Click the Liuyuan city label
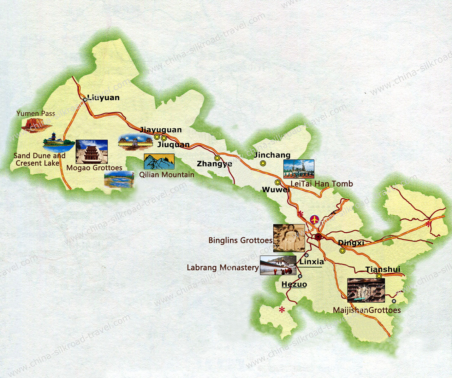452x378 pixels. (x=103, y=98)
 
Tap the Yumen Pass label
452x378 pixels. (x=36, y=114)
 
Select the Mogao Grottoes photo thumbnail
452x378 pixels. (x=91, y=151)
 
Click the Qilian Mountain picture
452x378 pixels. (x=159, y=162)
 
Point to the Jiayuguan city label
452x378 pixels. (x=161, y=130)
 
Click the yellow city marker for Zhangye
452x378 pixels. (x=217, y=158)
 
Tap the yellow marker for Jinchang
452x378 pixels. (x=263, y=163)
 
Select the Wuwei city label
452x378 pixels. (x=275, y=190)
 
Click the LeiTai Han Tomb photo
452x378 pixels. (x=298, y=169)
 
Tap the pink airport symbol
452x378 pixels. (x=314, y=220)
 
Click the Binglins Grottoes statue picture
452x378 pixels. (x=289, y=238)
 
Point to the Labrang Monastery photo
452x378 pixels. (x=278, y=266)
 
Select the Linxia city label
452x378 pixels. (x=311, y=262)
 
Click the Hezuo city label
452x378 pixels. (x=294, y=285)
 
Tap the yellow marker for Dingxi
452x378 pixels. (x=342, y=251)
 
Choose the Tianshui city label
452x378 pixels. (x=383, y=269)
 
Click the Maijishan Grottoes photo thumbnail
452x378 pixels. (x=366, y=290)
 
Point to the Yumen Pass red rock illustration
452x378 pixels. (x=34, y=124)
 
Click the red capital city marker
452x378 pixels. (x=318, y=237)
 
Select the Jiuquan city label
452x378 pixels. (x=173, y=145)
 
